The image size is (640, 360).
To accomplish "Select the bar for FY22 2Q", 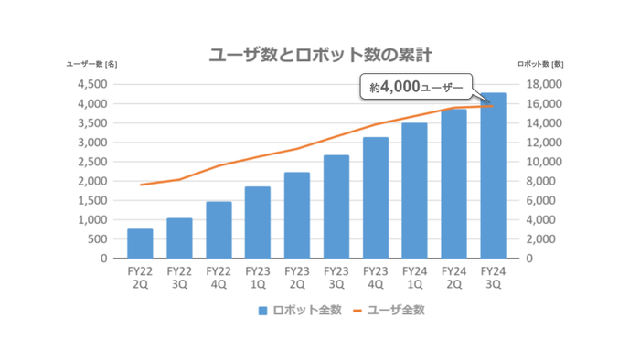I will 140,244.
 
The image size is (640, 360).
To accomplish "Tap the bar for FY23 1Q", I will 258,223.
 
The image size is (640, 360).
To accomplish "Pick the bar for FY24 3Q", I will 493,175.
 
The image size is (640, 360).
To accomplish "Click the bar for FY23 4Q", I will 375,198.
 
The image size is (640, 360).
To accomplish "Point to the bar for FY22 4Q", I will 219,230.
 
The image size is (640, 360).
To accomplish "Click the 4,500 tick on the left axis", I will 92,84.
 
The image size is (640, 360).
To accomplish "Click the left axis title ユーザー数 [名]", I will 91,64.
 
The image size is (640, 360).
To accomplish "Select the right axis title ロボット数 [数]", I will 540,64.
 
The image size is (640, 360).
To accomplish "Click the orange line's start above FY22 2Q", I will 141,185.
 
